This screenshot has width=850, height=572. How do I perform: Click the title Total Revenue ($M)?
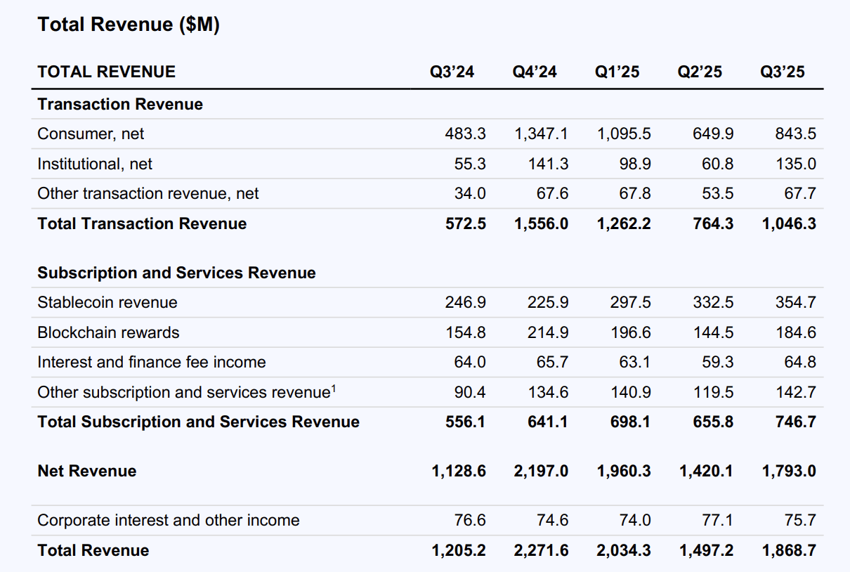[129, 25]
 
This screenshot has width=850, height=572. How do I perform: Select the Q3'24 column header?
[452, 72]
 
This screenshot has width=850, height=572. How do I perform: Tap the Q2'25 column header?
[699, 72]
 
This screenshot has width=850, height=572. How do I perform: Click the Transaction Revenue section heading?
[120, 104]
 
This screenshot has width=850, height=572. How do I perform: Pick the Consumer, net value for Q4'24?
[541, 134]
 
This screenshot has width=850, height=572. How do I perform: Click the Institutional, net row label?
[95, 164]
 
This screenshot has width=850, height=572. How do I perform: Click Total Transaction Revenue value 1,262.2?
[624, 223]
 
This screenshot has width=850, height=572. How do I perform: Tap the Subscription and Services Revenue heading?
[176, 273]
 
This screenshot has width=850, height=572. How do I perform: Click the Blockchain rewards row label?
[108, 332]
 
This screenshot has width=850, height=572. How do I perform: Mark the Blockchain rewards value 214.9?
[548, 332]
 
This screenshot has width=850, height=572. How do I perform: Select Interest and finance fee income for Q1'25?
[635, 362]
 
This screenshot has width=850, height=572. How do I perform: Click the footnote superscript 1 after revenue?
[334, 387]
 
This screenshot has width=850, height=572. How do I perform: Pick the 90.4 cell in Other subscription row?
[471, 392]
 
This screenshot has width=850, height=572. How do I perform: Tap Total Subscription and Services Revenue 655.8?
[712, 422]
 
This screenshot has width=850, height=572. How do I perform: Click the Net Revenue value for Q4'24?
[541, 471]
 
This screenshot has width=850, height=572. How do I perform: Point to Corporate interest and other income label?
[168, 520]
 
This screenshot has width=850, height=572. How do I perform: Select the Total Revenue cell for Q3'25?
[789, 550]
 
